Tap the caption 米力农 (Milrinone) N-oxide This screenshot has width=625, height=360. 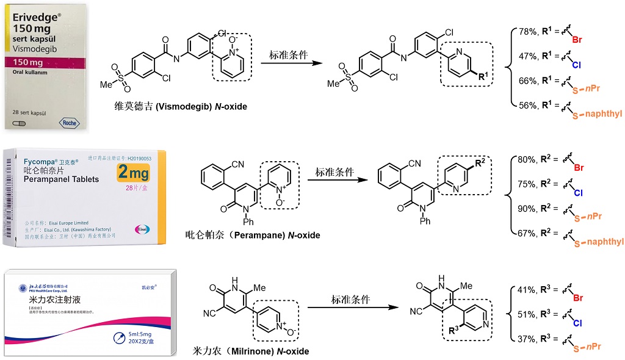[x=250, y=351]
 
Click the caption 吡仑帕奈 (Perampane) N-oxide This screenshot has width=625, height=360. [x=252, y=235]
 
